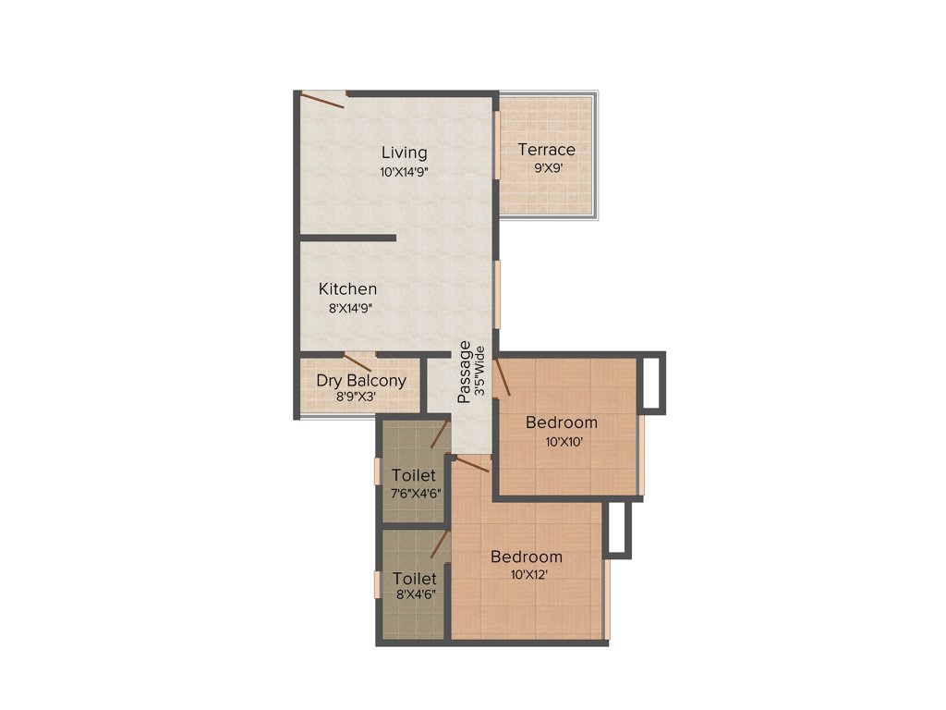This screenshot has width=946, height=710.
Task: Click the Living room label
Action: [404, 153]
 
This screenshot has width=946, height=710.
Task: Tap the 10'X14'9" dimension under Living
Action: [404, 172]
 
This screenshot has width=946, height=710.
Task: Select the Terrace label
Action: [546, 150]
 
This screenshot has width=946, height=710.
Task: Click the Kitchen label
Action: [347, 289]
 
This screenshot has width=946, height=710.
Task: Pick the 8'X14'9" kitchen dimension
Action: [349, 309]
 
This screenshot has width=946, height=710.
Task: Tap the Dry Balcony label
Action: [360, 380]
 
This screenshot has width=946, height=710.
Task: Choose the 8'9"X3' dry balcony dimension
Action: [360, 398]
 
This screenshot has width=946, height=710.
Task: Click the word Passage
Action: [466, 372]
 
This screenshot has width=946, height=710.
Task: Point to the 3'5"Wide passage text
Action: [479, 372]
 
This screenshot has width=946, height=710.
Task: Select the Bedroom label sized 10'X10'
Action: [561, 422]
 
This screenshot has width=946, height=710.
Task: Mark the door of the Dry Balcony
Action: [358, 361]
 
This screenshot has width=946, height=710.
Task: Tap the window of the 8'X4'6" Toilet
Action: [377, 585]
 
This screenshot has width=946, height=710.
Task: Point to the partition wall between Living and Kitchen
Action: [347, 239]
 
